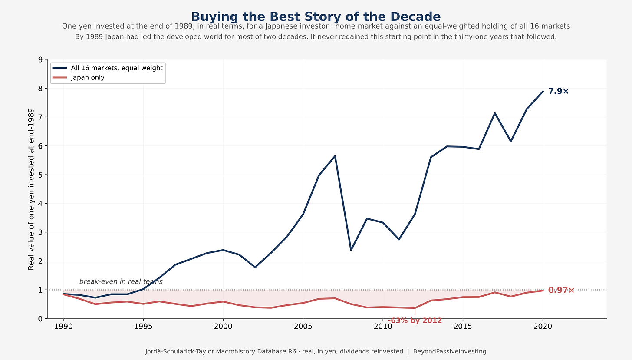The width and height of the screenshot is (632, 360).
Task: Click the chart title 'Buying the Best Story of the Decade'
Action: [x=316, y=17]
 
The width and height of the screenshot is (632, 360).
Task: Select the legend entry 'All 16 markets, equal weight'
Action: [x=108, y=68]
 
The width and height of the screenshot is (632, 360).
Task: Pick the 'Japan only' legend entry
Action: [x=79, y=77]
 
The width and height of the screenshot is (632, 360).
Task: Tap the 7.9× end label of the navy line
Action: [x=558, y=91]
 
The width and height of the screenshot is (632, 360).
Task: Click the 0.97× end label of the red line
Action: [x=561, y=290]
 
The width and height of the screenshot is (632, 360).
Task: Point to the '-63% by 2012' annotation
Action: [x=415, y=320]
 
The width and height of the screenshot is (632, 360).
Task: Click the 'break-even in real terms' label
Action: [x=121, y=281]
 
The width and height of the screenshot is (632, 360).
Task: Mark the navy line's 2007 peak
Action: [x=335, y=156]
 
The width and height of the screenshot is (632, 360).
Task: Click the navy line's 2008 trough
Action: [x=351, y=250]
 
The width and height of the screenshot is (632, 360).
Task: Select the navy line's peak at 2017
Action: [x=494, y=113]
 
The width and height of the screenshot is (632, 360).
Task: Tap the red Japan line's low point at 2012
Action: [x=415, y=308]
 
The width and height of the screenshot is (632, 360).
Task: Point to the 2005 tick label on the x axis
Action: [x=303, y=327]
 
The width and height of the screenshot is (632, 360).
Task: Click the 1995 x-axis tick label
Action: [x=143, y=327]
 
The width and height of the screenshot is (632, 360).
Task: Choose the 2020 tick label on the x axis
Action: [x=543, y=327]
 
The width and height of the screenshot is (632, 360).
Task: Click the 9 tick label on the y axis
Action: [x=40, y=59]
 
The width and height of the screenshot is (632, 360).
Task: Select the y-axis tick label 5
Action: [x=40, y=175]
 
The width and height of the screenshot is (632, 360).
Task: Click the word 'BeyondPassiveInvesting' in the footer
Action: [x=450, y=351]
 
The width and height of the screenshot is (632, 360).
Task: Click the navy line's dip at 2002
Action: [x=255, y=267]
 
